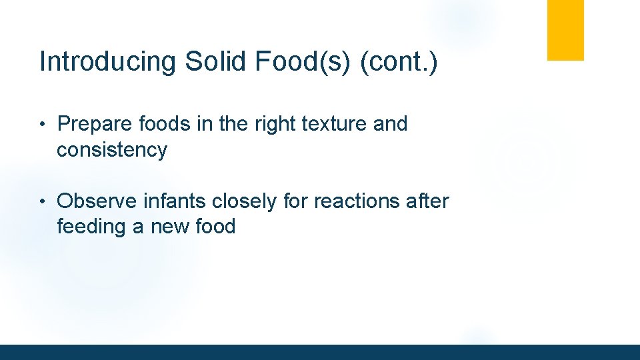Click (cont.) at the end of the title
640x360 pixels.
[x=399, y=62]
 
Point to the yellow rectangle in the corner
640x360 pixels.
[x=565, y=30]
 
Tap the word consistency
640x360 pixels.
[x=112, y=150]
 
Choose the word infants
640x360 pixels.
[x=176, y=201]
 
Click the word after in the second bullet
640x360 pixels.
[x=427, y=201]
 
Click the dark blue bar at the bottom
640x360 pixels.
[x=320, y=352]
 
